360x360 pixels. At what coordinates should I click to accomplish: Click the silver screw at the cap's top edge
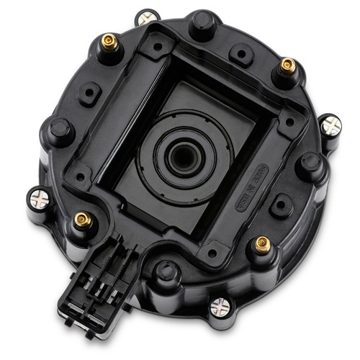tap(149, 17)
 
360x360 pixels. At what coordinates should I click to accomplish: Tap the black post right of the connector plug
tap(168, 273)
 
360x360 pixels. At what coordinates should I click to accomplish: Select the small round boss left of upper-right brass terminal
tap(240, 53)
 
